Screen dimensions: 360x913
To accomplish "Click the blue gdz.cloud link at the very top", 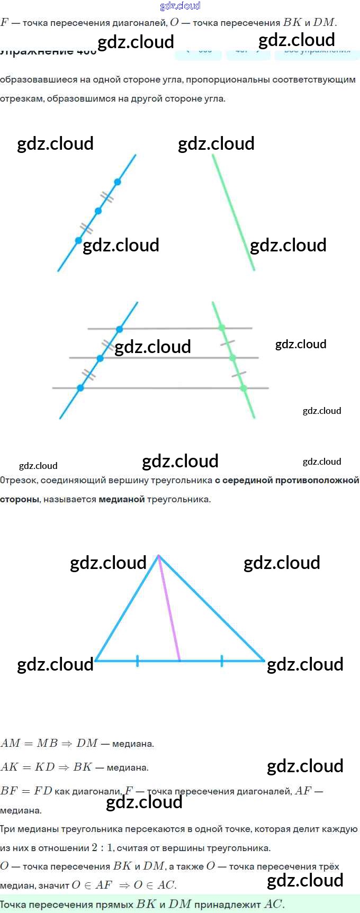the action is pos(180,6).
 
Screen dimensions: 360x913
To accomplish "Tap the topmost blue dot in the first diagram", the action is pos(118,182).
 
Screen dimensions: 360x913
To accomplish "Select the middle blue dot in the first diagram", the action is pos(98,211).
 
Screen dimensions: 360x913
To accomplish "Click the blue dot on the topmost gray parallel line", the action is pos(120,329).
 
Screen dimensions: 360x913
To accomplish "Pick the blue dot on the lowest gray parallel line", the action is pos(80,388).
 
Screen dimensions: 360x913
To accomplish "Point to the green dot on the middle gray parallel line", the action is pos(232,358).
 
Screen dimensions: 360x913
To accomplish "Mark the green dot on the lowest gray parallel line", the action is pos(244,388).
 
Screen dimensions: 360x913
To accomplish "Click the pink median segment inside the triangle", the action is pos(169,609).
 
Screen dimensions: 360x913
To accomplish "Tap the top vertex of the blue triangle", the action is pos(158,555).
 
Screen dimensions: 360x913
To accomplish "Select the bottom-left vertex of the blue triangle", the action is pos(95,661).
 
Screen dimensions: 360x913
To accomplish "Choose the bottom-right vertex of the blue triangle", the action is pos(264,661).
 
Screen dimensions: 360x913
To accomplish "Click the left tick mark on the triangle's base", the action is pos(138,661).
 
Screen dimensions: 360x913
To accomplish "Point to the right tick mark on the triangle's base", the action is pos(222,661).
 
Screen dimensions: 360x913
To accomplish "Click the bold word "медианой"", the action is pos(121,499).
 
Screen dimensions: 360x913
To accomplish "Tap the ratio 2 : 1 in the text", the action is pos(102,847).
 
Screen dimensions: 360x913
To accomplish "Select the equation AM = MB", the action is pos(29,743).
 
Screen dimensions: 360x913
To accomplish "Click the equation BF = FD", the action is pos(26,791).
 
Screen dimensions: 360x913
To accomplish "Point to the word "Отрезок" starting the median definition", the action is pos(18,481).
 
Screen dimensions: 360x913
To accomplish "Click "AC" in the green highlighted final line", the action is pos(273,904).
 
